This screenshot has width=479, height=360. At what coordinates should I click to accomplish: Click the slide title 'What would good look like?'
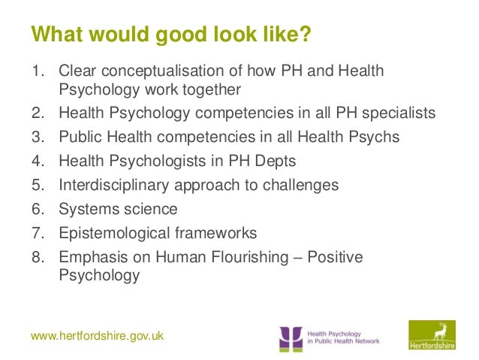point(170,35)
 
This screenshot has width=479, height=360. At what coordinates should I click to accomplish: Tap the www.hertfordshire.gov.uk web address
point(98,336)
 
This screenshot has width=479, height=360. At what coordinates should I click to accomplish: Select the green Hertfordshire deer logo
point(431,335)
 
